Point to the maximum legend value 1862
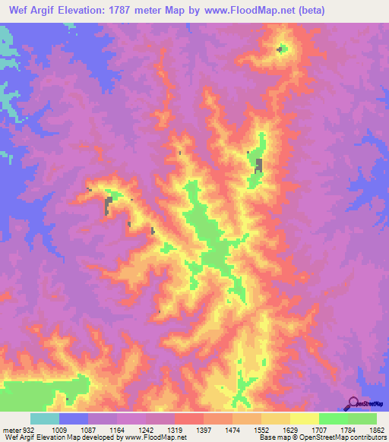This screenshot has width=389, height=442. (x=378, y=429)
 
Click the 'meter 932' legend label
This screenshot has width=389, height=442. (x=17, y=429)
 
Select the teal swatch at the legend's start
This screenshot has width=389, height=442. (x=45, y=418)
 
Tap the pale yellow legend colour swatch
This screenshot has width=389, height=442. (x=304, y=418)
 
